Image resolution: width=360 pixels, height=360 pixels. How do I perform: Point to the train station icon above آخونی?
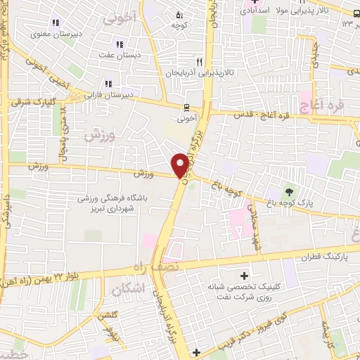point(186,107)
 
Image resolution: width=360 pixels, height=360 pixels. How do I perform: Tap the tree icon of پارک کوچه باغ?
point(288,191)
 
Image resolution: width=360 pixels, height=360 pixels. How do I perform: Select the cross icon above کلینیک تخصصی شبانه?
point(244,276)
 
